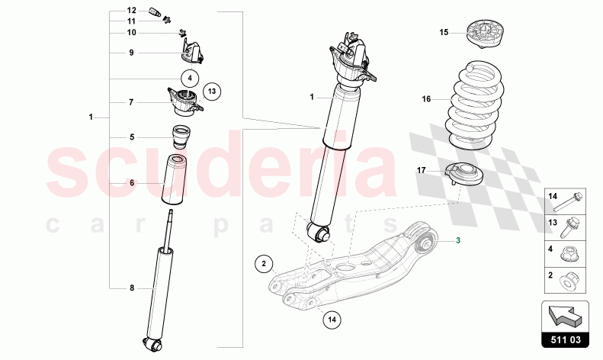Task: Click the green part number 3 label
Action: (459, 241)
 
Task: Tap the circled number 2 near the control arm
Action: (264, 265)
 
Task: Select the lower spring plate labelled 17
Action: (467, 173)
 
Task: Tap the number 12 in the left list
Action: (131, 11)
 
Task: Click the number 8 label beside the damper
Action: (131, 288)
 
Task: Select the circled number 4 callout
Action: (189, 76)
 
